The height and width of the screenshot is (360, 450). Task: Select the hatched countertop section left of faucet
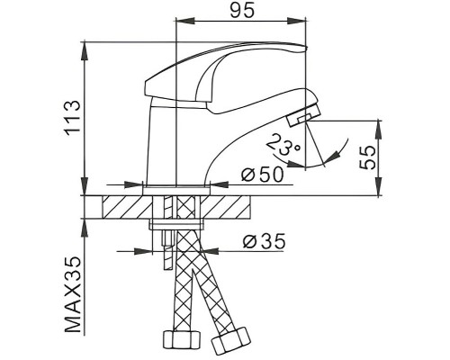click(126, 207)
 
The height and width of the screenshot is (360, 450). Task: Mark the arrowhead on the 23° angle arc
click(332, 157)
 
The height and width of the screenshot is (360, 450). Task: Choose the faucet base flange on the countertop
click(178, 187)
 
